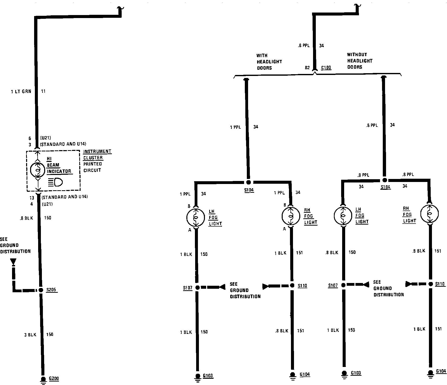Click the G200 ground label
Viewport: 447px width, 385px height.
[54, 378]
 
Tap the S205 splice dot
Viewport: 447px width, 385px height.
[40, 290]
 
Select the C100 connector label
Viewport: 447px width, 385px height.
[326, 67]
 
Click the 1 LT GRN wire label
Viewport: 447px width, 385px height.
[21, 91]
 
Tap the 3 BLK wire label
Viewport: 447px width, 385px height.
[30, 335]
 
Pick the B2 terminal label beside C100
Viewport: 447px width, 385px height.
[307, 68]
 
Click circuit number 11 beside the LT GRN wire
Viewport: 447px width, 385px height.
[43, 91]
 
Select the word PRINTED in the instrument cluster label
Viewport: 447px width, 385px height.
[93, 164]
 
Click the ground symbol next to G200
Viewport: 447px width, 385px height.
[43, 380]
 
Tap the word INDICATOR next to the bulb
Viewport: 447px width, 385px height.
[59, 171]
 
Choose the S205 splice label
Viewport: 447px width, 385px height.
[51, 290]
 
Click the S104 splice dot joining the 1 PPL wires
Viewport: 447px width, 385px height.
[248, 182]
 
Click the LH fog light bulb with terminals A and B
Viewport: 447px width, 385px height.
[196, 217]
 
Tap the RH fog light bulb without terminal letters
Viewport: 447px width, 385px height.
[429, 214]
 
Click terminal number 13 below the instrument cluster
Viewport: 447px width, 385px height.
[32, 198]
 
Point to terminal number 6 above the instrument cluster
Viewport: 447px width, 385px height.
[30, 138]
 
